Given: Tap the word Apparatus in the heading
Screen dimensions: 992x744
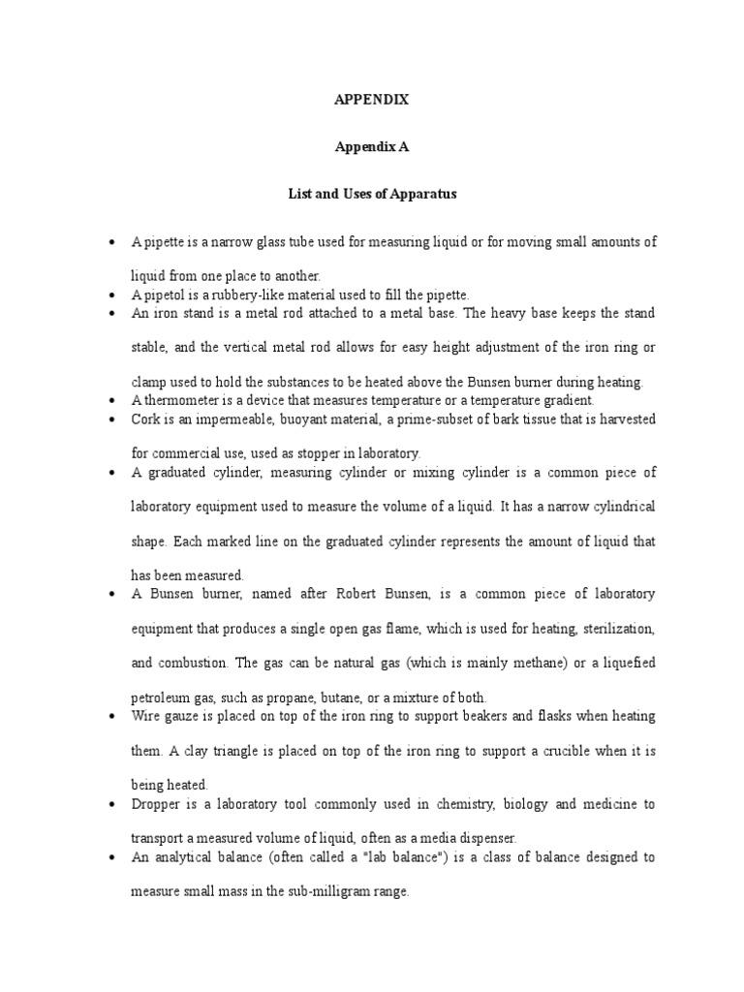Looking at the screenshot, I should (x=422, y=194).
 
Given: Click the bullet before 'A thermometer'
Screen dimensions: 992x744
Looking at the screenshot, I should (x=114, y=400).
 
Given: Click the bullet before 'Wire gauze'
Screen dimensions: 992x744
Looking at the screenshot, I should (x=114, y=716).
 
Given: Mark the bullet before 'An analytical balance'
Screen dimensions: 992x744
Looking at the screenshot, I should (x=114, y=856).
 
